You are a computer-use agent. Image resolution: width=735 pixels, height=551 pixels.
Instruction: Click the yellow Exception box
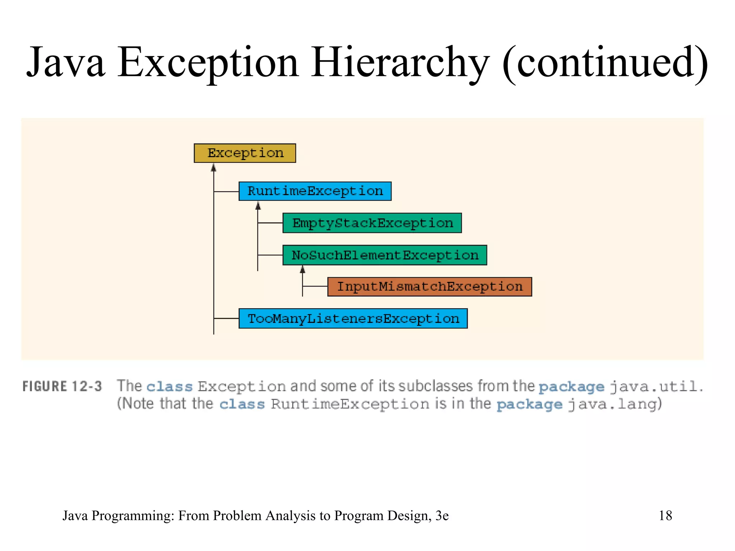(245, 153)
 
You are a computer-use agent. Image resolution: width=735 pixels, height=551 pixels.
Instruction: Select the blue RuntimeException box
(315, 191)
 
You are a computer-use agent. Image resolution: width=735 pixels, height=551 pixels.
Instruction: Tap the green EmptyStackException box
(372, 223)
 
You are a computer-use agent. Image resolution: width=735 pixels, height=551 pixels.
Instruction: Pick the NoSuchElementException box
(385, 255)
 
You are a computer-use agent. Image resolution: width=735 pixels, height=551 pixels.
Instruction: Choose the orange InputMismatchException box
(430, 287)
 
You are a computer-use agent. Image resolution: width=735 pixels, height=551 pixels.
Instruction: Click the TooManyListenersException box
(353, 319)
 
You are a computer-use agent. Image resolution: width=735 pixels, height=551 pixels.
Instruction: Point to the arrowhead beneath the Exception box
(214, 168)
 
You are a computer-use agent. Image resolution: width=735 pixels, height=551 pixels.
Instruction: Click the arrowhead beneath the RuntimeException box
(258, 206)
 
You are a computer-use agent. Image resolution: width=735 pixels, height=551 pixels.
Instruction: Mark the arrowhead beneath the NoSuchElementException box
(303, 269)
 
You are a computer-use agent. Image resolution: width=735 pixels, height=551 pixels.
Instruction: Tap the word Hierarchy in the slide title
(400, 63)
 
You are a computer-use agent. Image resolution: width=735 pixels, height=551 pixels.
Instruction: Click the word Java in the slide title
(66, 63)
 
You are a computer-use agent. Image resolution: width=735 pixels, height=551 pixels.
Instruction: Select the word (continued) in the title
(605, 63)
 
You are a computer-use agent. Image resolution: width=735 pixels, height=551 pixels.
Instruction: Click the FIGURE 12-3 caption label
(62, 386)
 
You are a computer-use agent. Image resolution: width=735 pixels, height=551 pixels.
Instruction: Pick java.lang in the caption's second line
(614, 404)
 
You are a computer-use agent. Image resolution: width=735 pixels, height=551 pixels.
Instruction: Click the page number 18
(665, 515)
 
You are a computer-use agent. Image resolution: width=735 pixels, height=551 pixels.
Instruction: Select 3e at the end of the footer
(442, 515)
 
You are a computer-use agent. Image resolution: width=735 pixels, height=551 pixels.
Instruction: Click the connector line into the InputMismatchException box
(315, 286)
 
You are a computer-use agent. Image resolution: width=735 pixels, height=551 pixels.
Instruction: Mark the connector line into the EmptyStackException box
(270, 223)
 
